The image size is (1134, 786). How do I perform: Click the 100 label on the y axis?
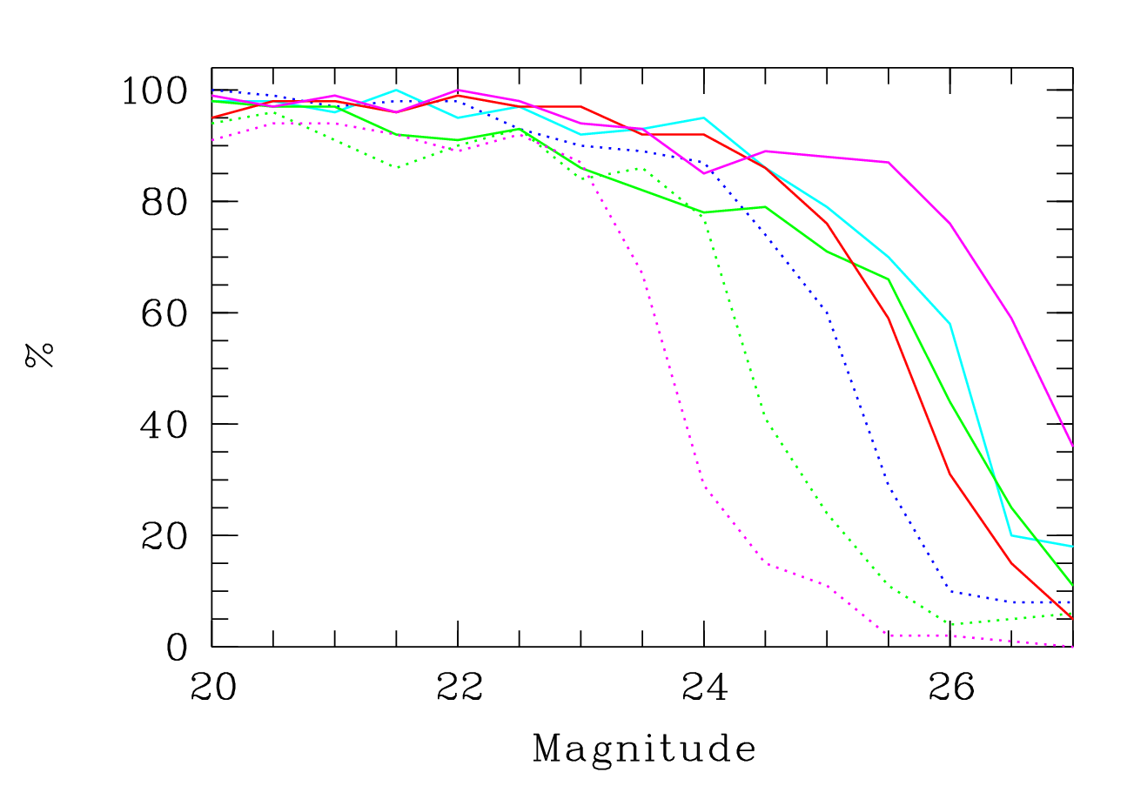155,91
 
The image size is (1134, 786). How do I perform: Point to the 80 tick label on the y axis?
164,203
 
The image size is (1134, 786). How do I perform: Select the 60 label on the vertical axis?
164,314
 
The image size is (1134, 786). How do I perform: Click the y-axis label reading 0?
177,648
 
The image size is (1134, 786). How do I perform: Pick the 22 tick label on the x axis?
460,688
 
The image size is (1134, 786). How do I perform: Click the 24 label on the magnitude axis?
705,688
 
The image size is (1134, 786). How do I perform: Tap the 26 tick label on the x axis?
952,688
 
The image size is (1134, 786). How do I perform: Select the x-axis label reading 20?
213,688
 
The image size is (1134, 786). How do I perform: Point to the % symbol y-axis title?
39,355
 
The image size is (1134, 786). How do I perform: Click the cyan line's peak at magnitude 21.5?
396,91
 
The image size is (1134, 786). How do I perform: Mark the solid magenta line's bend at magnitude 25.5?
889,162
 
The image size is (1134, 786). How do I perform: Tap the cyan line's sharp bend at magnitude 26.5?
1011,535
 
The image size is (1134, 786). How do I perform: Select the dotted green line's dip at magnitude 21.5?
398,168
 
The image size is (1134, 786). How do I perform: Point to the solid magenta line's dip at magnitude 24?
704,173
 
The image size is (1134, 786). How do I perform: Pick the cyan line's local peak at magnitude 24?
704,118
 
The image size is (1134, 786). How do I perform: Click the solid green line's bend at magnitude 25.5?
889,279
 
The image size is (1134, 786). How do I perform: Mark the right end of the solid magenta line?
1073,447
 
